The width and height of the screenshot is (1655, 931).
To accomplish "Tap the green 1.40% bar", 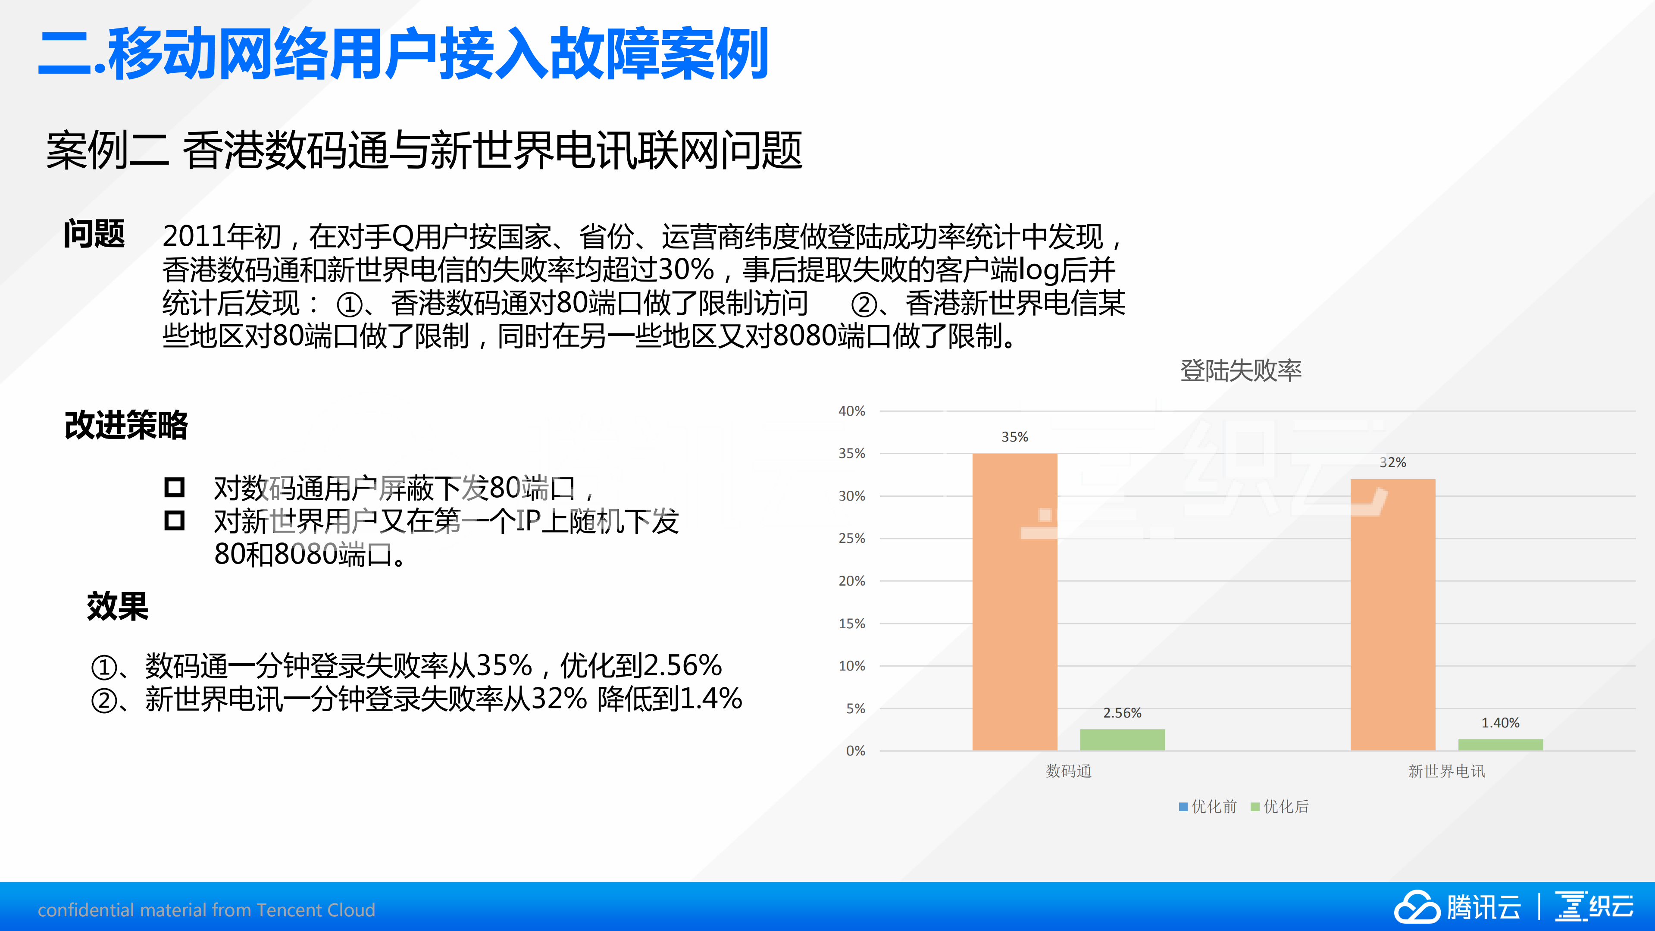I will [x=1500, y=745].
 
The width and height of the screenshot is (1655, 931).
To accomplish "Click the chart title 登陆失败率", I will [x=1241, y=371].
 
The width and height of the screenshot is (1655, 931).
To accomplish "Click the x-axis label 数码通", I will [x=1068, y=771].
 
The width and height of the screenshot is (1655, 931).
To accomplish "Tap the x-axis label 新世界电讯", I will [x=1446, y=771].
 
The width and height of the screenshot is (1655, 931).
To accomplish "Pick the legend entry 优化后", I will [x=1280, y=806].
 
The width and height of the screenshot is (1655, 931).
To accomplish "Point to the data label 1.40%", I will [x=1500, y=723].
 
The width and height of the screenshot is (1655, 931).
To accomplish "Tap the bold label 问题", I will [x=94, y=234].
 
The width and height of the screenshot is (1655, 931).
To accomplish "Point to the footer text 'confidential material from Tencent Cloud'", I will [x=206, y=910].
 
